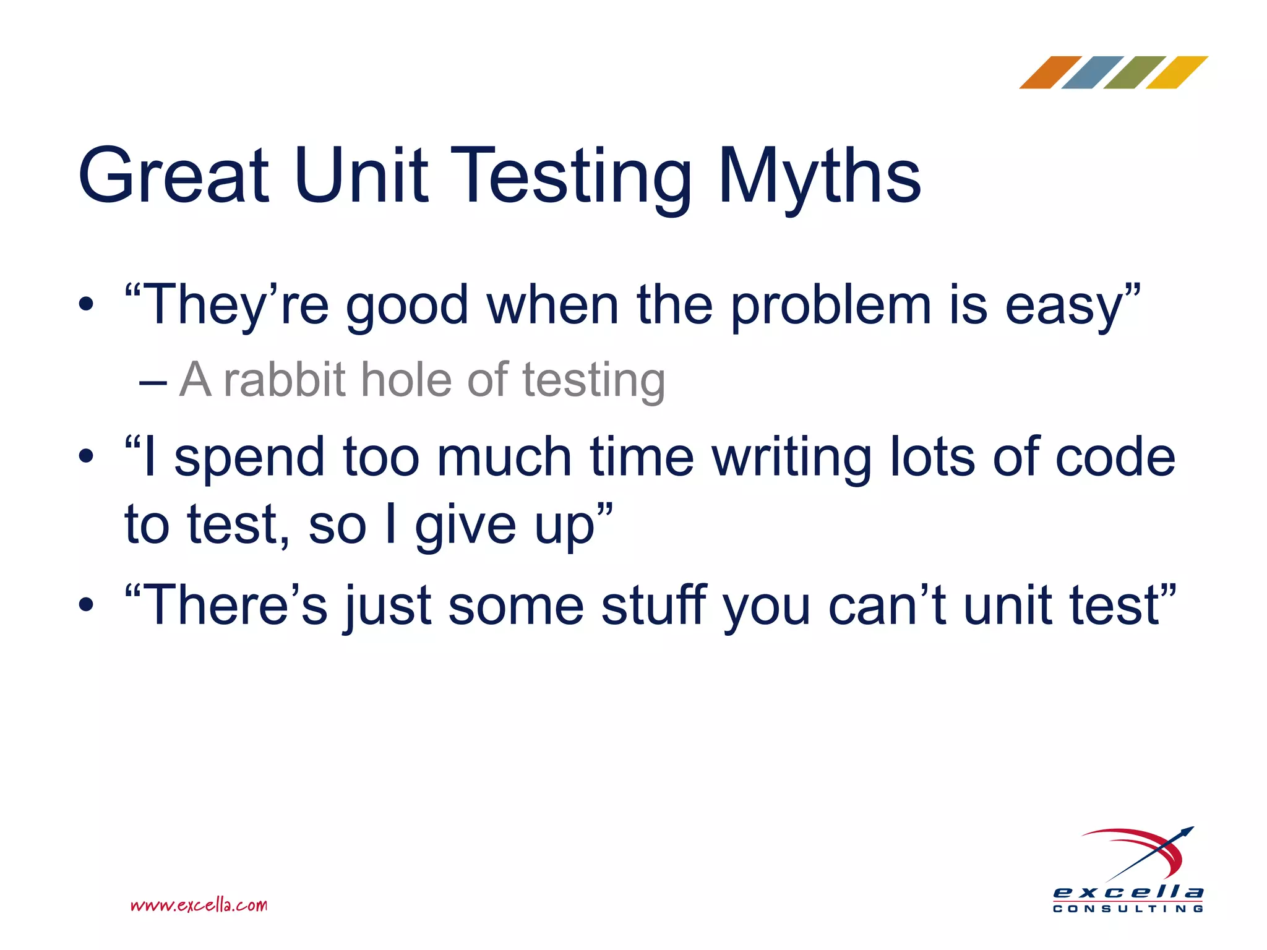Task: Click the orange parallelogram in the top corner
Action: point(1050,72)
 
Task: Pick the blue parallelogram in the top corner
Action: point(1092,72)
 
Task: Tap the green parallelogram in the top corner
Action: point(1134,72)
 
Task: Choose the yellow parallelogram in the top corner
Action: point(1176,72)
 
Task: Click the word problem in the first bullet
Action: point(831,306)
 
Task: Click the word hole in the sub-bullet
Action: point(405,380)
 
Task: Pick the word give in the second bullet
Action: point(465,526)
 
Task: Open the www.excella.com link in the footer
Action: point(199,905)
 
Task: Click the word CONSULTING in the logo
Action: point(1128,909)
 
